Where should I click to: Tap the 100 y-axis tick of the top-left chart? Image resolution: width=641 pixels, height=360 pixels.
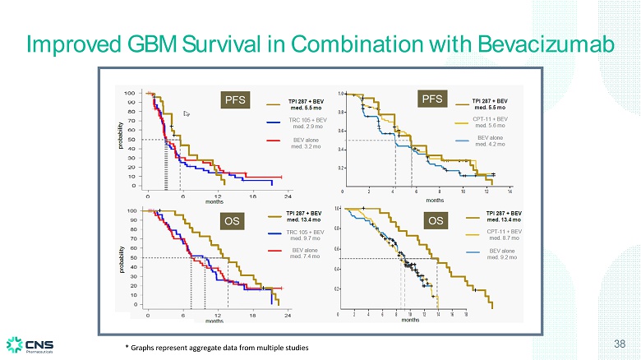(130, 94)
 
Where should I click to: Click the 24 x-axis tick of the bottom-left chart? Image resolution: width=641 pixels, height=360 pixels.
(288, 316)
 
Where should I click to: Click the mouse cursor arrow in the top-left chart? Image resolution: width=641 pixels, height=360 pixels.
(187, 114)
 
